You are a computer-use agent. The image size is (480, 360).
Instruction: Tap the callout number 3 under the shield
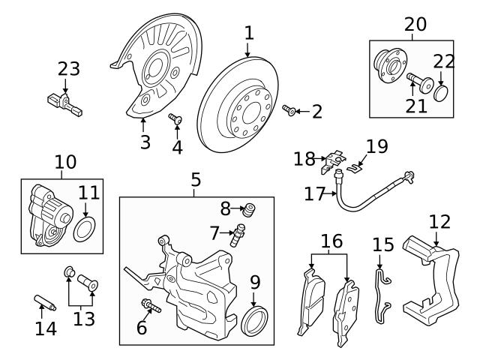[x=144, y=140]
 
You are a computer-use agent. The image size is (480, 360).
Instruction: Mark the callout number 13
[x=84, y=319]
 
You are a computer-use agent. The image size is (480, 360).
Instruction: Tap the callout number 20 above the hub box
[x=415, y=24]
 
